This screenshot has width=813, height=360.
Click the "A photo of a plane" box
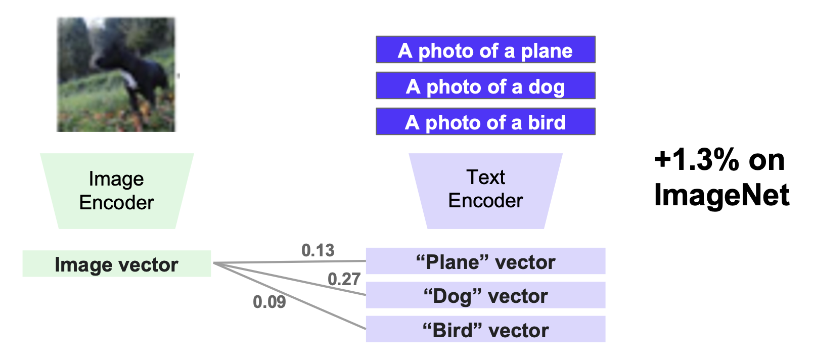pyautogui.click(x=485, y=50)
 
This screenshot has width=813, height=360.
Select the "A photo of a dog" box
pyautogui.click(x=485, y=85)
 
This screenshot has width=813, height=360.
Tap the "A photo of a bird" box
pyautogui.click(x=485, y=121)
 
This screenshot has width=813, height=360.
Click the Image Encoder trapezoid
pyautogui.click(x=117, y=191)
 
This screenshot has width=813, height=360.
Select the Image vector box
pyautogui.click(x=116, y=264)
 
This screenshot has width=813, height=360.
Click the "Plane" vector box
pyautogui.click(x=485, y=261)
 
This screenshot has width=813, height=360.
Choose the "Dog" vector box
pyautogui.click(x=485, y=295)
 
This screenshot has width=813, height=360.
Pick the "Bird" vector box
pyautogui.click(x=485, y=330)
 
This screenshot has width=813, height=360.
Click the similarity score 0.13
pyautogui.click(x=318, y=250)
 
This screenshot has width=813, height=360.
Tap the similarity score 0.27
pyautogui.click(x=344, y=279)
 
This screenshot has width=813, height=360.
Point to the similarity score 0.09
pyautogui.click(x=269, y=302)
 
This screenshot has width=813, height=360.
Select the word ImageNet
pyautogui.click(x=721, y=195)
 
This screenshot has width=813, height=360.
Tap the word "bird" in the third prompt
pyautogui.click(x=547, y=122)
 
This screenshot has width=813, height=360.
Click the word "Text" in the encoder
pyautogui.click(x=485, y=177)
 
